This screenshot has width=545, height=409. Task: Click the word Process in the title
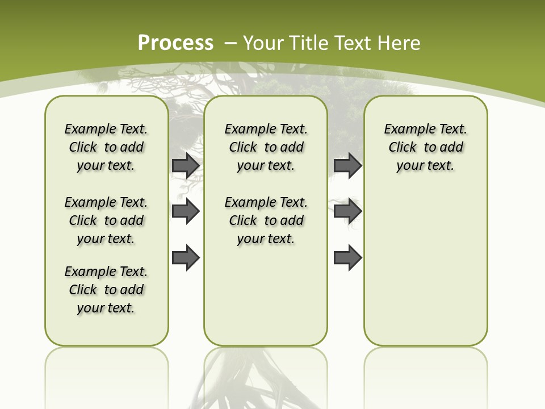pyautogui.click(x=175, y=43)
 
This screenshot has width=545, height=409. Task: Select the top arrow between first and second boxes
pyautogui.click(x=186, y=165)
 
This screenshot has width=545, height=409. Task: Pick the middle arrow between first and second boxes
pyautogui.click(x=186, y=211)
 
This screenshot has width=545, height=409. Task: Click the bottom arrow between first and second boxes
pyautogui.click(x=186, y=258)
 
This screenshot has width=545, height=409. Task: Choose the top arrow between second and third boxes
pyautogui.click(x=347, y=165)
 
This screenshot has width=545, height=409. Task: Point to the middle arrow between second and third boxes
pyautogui.click(x=347, y=211)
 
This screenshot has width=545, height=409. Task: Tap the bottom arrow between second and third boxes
pyautogui.click(x=347, y=258)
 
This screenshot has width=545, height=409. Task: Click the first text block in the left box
pyautogui.click(x=106, y=147)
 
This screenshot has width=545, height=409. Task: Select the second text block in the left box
pyautogui.click(x=106, y=220)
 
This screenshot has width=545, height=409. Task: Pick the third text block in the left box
pyautogui.click(x=106, y=290)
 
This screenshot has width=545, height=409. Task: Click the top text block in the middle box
pyautogui.click(x=266, y=147)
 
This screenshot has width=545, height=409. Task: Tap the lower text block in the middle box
pyautogui.click(x=266, y=220)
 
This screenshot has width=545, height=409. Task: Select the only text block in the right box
pyautogui.click(x=426, y=147)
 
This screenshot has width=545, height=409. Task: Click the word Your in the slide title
pyautogui.click(x=263, y=43)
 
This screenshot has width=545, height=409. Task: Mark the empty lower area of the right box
pyautogui.click(x=426, y=267)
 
